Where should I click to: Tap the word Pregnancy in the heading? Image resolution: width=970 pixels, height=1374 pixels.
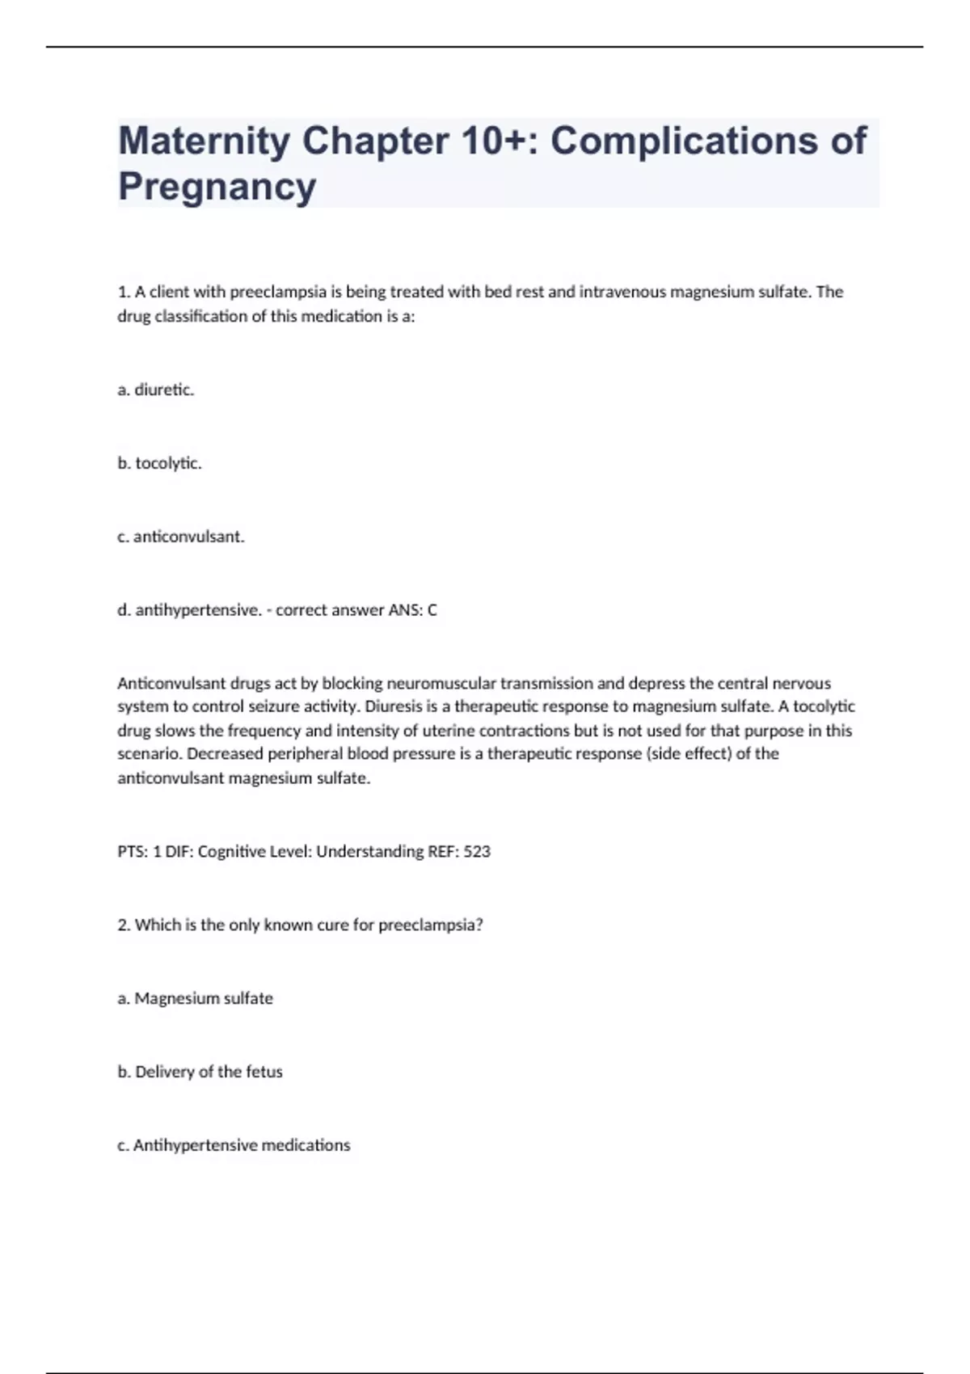click(217, 187)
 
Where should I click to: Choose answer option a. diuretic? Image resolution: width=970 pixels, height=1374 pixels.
click(156, 390)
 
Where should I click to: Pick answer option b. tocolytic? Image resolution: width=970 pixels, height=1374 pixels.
click(159, 463)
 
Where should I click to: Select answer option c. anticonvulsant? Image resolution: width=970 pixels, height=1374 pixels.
click(180, 537)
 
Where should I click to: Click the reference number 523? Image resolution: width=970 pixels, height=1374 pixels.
click(477, 851)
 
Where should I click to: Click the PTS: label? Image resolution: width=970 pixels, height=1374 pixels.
click(133, 851)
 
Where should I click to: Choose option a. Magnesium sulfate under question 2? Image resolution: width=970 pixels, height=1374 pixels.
click(195, 998)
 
